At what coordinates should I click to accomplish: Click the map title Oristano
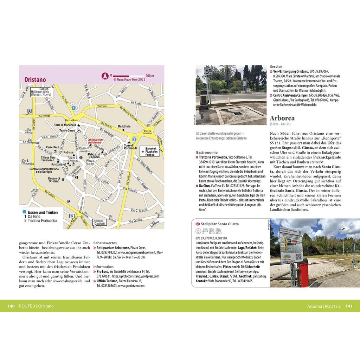point(35,79)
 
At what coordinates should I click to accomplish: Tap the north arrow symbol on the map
point(104,75)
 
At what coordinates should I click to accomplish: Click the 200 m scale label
point(150,75)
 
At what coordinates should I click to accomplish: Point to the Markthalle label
point(124,126)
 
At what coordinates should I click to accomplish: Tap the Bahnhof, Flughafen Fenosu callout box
point(149,151)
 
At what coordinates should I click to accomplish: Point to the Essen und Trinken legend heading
point(43,212)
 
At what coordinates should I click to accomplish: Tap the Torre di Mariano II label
point(65,125)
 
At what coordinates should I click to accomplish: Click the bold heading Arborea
point(282,118)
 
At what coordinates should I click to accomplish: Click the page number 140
point(11,306)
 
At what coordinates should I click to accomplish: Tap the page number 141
point(349,306)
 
